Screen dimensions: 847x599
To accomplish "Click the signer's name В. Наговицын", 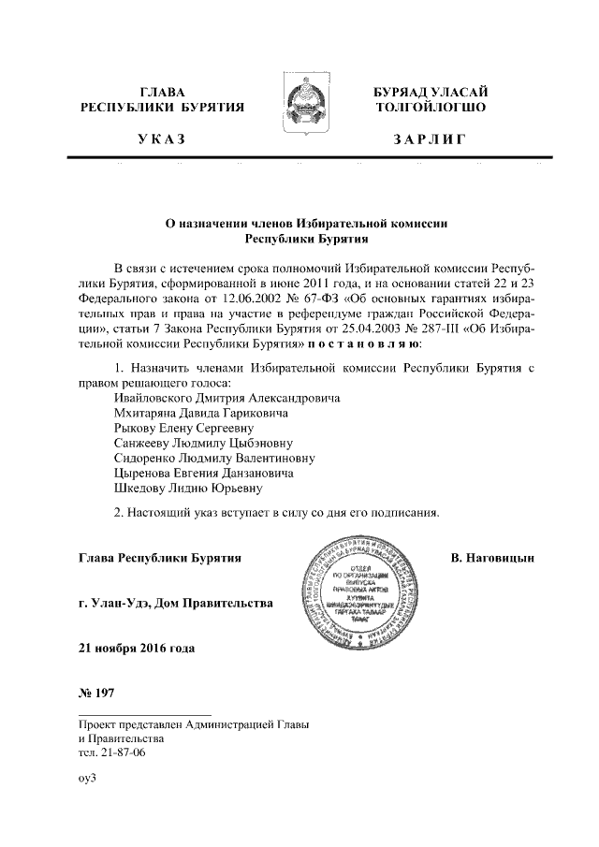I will [x=491, y=559].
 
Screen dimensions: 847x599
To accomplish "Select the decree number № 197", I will [x=97, y=694].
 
